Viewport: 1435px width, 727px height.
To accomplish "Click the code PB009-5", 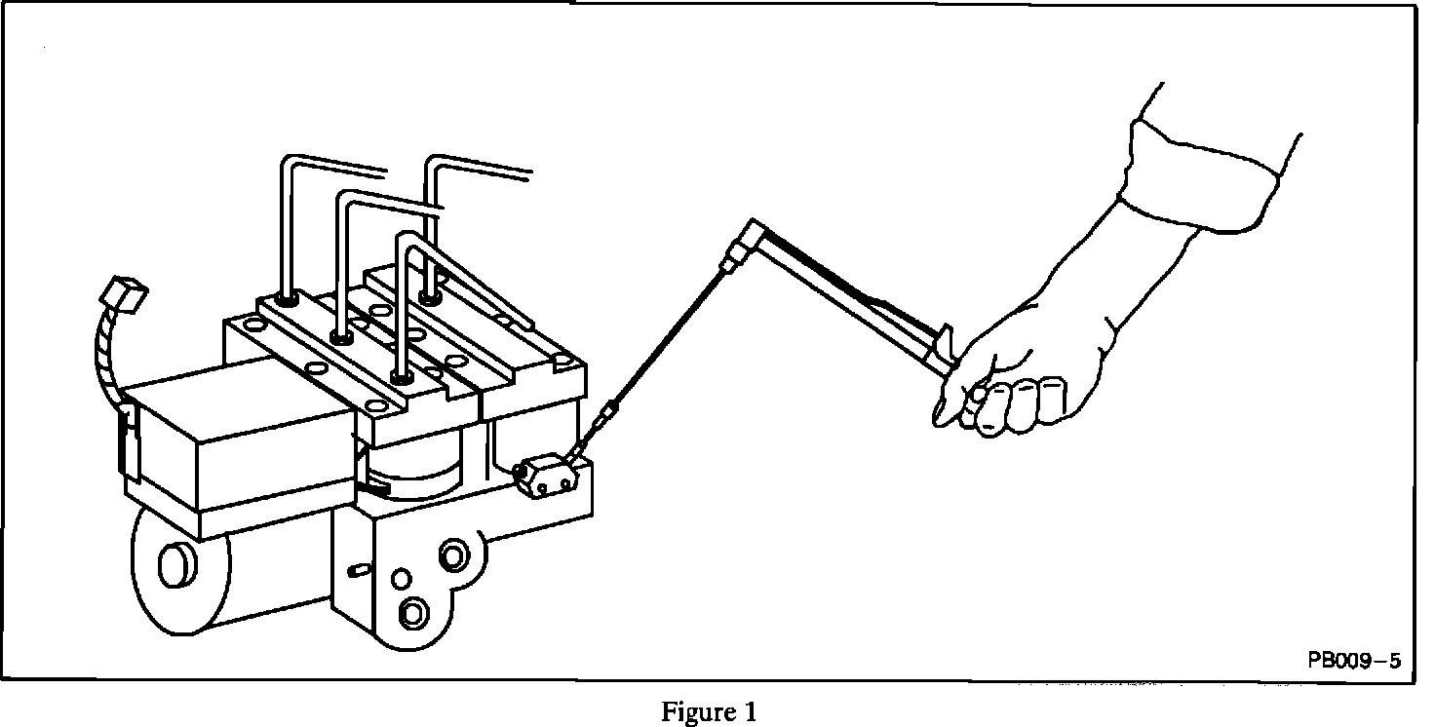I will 1354,661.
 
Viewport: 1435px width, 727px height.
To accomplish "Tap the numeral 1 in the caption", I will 750,712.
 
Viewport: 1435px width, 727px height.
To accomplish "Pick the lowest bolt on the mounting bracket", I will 412,612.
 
